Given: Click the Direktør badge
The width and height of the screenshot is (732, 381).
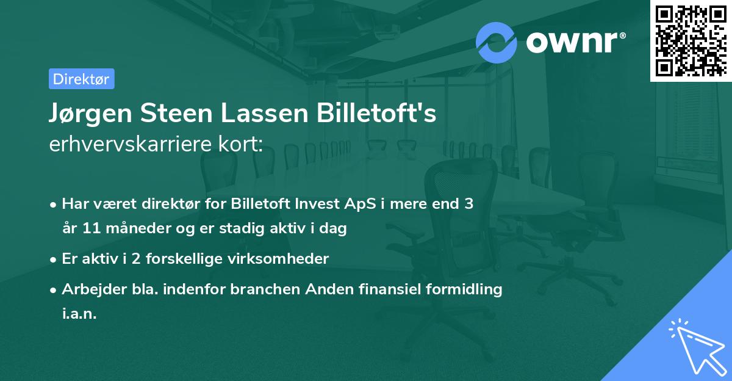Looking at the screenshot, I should coord(81,79).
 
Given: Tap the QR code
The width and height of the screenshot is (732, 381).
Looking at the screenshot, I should coord(691,41).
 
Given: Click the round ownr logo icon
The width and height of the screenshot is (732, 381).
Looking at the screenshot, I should coord(497,42).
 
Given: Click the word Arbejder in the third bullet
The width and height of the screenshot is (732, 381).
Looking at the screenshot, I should coord(89,289).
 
